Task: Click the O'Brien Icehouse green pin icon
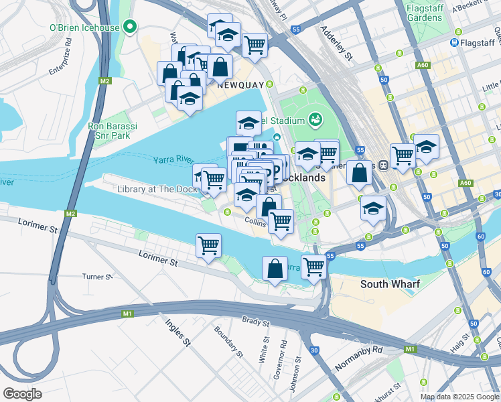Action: (130, 27)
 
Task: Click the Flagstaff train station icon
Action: (454, 42)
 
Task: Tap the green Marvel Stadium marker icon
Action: (315, 121)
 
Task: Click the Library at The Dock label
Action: (157, 189)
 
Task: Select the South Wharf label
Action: (390, 284)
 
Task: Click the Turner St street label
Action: (97, 276)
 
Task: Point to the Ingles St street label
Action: (178, 332)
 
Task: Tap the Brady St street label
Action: (255, 322)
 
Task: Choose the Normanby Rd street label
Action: (368, 350)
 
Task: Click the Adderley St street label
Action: (336, 43)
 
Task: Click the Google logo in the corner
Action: (22, 393)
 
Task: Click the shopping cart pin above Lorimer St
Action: (209, 245)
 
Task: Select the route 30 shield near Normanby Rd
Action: (314, 350)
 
